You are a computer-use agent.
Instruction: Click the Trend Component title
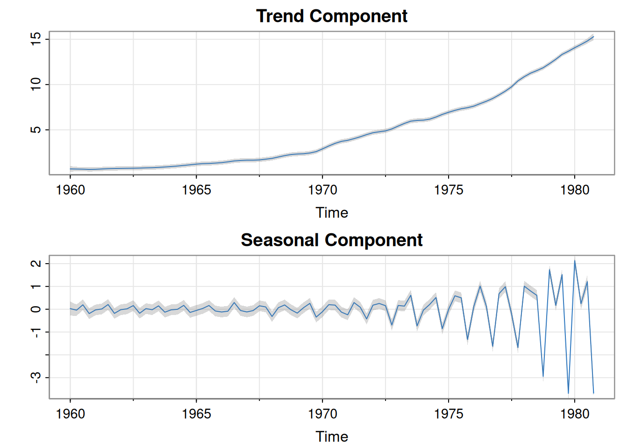331,16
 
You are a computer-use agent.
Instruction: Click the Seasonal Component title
331,240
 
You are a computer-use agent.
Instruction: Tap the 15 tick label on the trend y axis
36,39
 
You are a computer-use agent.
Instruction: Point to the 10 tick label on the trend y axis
36,84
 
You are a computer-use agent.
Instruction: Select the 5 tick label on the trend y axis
36,130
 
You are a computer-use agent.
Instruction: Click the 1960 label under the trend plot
70,190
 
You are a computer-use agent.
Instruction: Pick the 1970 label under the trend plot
322,190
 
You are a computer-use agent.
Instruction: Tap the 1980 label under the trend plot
575,190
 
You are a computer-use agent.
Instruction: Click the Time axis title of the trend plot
332,213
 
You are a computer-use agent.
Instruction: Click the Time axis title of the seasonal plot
332,437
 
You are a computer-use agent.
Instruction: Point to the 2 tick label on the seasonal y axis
36,264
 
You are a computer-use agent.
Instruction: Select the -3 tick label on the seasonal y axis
36,377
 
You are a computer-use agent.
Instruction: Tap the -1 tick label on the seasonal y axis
36,332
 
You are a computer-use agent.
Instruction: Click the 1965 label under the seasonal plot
196,414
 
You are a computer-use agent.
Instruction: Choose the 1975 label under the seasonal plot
449,414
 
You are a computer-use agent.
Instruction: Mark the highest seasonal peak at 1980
575,260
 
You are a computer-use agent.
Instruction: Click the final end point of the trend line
593,37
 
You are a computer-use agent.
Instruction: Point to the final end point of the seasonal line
593,393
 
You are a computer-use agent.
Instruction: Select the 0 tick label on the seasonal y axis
36,309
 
